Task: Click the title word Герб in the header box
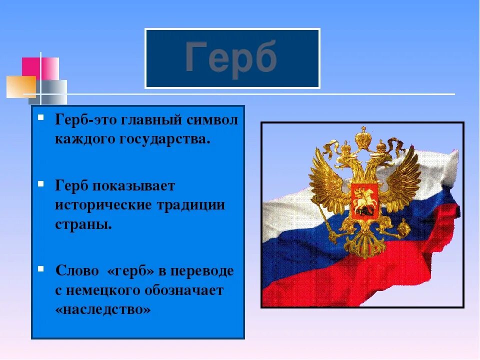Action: click(x=231, y=59)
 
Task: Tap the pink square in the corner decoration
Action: click(x=40, y=68)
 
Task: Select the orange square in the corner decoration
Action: click(x=21, y=86)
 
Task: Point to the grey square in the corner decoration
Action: click(x=48, y=92)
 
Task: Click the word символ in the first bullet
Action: click(x=212, y=119)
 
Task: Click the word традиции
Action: click(x=190, y=205)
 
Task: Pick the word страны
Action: click(x=83, y=224)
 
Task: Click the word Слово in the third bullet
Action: click(x=77, y=271)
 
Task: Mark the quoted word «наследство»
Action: click(x=103, y=309)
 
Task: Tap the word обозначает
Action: click(x=184, y=290)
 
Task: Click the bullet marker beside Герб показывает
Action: click(x=40, y=184)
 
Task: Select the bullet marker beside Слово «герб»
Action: click(x=40, y=269)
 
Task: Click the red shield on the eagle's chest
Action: click(x=364, y=201)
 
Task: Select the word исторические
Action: click(x=103, y=205)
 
